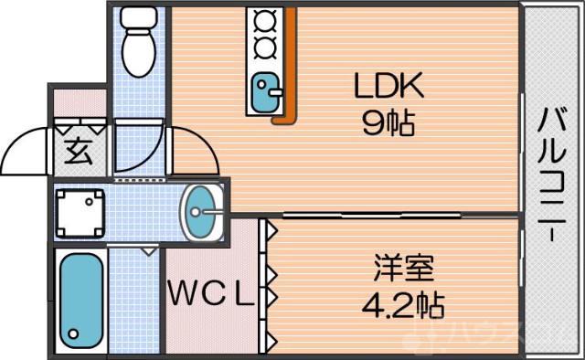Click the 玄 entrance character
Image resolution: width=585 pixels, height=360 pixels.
click(78, 151)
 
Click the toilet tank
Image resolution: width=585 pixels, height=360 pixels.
click(140, 17)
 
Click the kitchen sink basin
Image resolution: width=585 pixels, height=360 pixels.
click(266, 94)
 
